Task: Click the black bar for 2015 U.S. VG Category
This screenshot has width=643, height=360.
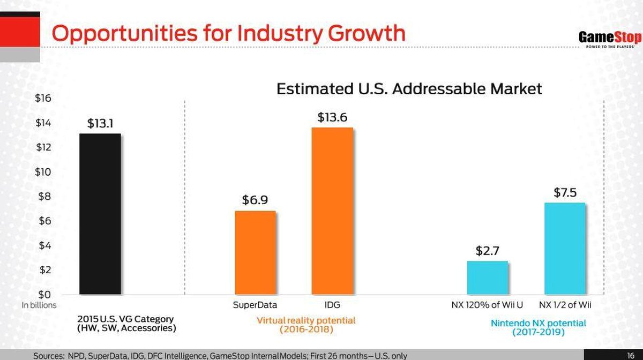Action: pyautogui.click(x=100, y=214)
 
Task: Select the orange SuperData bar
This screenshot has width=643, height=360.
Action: pyautogui.click(x=255, y=252)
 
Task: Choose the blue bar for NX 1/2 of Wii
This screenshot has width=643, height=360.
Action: pyautogui.click(x=564, y=248)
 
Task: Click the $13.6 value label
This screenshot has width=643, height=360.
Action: pyautogui.click(x=332, y=117)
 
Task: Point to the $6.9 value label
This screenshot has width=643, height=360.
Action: pyautogui.click(x=255, y=200)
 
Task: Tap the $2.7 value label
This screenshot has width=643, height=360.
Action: pyautogui.click(x=488, y=250)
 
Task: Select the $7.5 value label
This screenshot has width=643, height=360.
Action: pyautogui.click(x=564, y=192)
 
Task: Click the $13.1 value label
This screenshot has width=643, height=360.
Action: pyautogui.click(x=100, y=123)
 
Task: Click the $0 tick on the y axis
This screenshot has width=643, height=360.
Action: pyautogui.click(x=44, y=294)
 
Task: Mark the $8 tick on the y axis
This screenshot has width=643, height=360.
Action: pyautogui.click(x=44, y=196)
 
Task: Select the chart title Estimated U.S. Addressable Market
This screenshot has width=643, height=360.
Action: pyautogui.click(x=409, y=88)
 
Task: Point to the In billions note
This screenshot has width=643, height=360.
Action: pyautogui.click(x=39, y=305)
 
